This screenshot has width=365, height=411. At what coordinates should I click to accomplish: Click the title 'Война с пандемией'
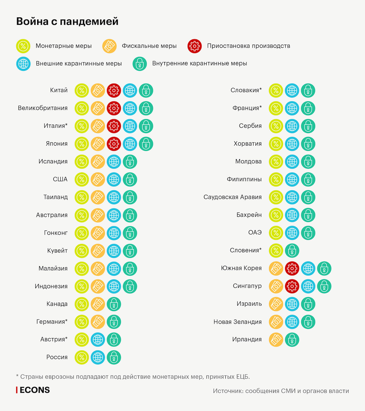[67, 22]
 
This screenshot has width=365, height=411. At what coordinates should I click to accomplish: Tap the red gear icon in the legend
[194, 46]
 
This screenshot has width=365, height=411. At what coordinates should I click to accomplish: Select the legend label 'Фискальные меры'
[149, 46]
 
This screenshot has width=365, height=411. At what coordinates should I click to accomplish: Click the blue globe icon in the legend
[23, 64]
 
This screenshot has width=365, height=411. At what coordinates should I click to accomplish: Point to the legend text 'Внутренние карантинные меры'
[200, 64]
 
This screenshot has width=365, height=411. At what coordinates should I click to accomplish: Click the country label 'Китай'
[59, 90]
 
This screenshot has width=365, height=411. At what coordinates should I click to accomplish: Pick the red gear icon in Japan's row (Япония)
[114, 144]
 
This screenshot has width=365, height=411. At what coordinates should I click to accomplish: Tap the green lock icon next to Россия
[114, 357]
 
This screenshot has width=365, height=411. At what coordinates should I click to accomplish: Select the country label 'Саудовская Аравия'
[232, 197]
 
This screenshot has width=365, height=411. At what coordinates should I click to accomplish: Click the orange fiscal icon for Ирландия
[276, 340]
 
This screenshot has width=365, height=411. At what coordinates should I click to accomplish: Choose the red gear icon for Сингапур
[292, 286]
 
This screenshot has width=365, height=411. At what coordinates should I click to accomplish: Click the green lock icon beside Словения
[292, 251]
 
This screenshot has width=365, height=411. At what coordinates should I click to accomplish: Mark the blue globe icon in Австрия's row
[98, 340]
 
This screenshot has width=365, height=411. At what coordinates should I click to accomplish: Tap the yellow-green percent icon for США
[82, 179]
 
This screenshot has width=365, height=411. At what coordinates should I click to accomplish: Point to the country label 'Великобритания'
[43, 108]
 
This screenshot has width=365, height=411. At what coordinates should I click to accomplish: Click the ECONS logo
[33, 390]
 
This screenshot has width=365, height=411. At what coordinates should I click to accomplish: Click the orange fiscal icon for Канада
[98, 304]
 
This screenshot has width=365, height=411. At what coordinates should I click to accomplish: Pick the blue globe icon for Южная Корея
[308, 268]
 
